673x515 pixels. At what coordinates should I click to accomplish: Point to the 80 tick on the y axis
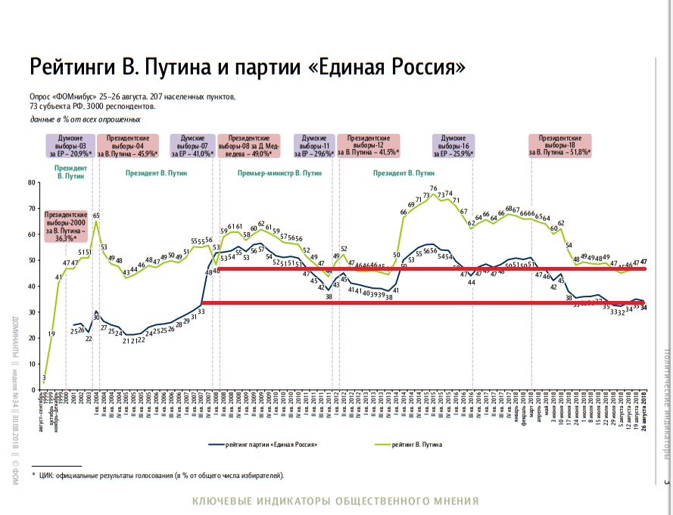(x=31, y=182)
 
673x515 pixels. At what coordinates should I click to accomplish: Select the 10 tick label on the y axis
(x=31, y=365)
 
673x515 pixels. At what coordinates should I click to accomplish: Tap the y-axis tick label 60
(x=31, y=234)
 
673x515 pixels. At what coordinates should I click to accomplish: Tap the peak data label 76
(x=434, y=188)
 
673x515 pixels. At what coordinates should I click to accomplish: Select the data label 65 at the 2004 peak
(x=96, y=216)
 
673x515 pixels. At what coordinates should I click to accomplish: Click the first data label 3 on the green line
(x=44, y=377)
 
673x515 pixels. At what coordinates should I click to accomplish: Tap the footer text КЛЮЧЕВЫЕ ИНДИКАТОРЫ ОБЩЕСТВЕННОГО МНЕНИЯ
(x=336, y=501)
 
